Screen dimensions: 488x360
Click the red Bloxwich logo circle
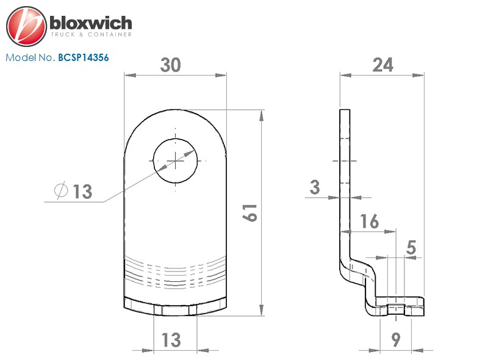[26, 26]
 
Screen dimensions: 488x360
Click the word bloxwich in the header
[91, 23]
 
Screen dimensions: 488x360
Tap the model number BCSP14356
[84, 57]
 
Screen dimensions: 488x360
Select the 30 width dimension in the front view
[171, 65]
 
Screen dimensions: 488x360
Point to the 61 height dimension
[250, 213]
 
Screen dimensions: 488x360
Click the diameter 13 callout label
[73, 191]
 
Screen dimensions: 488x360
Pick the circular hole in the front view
[175, 160]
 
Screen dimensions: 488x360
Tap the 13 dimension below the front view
[171, 340]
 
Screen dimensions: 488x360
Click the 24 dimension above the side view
[383, 65]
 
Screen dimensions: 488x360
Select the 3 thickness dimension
[315, 187]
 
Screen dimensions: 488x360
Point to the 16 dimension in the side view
[370, 221]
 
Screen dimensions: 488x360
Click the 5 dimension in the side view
[411, 248]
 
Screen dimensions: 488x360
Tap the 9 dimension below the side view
[395, 340]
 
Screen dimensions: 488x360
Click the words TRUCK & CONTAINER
[91, 35]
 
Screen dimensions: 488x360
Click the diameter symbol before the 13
[60, 190]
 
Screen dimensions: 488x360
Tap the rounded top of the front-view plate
[175, 110]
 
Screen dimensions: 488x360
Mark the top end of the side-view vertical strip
[345, 110]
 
